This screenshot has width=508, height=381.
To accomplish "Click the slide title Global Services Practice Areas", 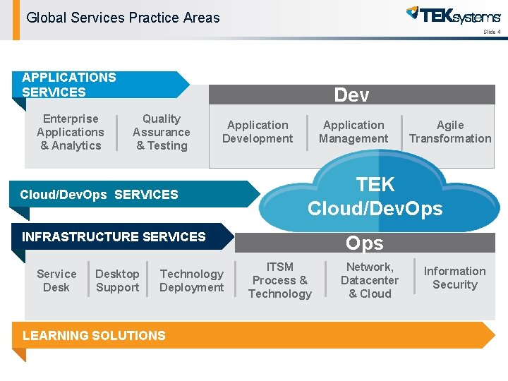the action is pyautogui.click(x=123, y=18).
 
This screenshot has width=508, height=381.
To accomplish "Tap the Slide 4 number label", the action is pyautogui.click(x=492, y=32).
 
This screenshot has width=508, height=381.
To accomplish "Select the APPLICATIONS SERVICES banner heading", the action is pyautogui.click(x=69, y=85).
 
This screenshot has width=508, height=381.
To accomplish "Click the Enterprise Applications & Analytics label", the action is pyautogui.click(x=71, y=132).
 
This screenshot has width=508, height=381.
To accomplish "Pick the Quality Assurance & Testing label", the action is pyautogui.click(x=162, y=132).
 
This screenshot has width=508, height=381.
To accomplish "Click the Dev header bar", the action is pyautogui.click(x=351, y=95).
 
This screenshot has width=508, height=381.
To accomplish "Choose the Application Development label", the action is pyautogui.click(x=258, y=132).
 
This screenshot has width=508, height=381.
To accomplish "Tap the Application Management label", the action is pyautogui.click(x=353, y=132).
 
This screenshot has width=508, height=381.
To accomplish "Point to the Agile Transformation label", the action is pyautogui.click(x=450, y=132).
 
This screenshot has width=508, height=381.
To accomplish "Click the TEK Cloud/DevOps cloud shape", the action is pyautogui.click(x=375, y=195).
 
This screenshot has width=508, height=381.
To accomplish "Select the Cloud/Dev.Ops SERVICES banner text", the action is pyautogui.click(x=99, y=195).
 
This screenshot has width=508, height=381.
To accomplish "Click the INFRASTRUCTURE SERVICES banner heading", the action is pyautogui.click(x=114, y=237).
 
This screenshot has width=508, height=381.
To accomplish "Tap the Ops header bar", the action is pyautogui.click(x=364, y=243).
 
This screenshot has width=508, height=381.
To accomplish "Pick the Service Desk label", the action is pyautogui.click(x=56, y=280).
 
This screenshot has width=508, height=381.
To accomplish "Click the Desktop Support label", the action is pyautogui.click(x=117, y=280).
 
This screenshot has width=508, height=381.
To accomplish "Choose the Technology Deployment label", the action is pyautogui.click(x=191, y=280).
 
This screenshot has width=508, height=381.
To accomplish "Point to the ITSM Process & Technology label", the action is pyautogui.click(x=279, y=280).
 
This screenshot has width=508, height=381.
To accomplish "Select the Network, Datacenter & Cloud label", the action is pyautogui.click(x=370, y=280).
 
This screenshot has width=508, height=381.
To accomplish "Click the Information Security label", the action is pyautogui.click(x=455, y=278).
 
